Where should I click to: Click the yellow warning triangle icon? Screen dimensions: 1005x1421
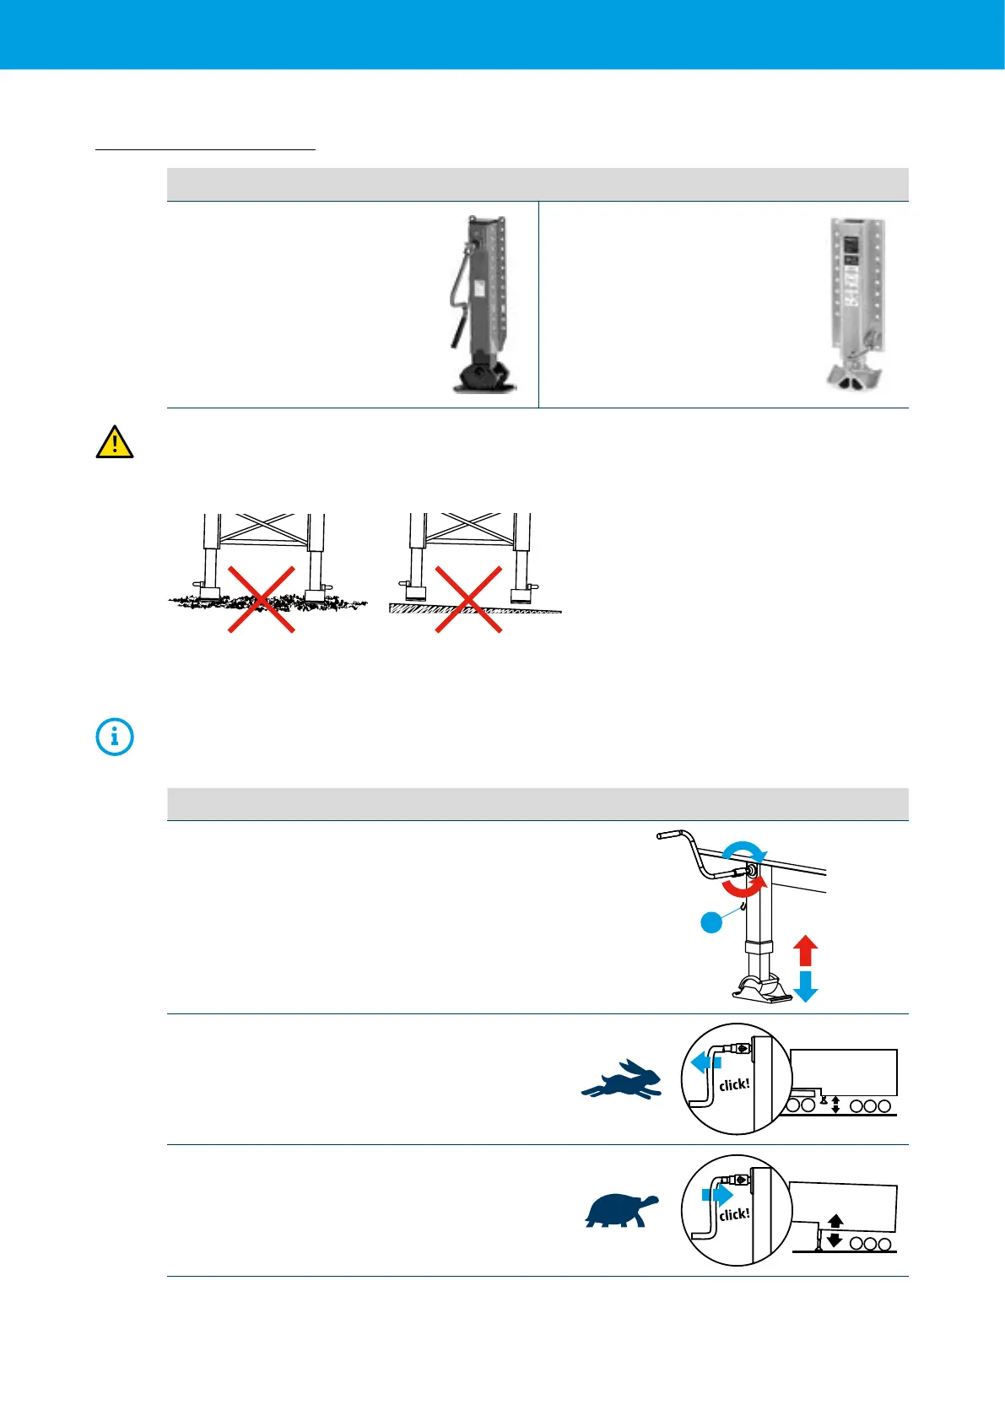[115, 442]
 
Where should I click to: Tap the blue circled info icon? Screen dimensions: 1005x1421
[115, 737]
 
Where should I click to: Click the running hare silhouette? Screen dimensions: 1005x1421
[623, 1080]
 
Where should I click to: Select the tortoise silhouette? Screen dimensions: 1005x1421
[622, 1210]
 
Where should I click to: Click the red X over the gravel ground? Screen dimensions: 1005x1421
[262, 599]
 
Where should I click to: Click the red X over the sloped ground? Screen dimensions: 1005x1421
[468, 599]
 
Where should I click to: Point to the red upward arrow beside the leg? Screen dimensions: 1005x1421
[806, 950]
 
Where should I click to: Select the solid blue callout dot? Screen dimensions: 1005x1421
[712, 922]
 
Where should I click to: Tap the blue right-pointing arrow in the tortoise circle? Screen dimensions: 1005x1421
[717, 1195]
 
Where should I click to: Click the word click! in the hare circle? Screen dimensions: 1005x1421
[734, 1084]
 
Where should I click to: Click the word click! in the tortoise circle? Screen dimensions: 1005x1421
[734, 1214]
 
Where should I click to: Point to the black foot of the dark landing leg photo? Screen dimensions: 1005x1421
[484, 376]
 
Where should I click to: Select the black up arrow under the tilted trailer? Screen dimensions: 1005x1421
[835, 1220]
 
